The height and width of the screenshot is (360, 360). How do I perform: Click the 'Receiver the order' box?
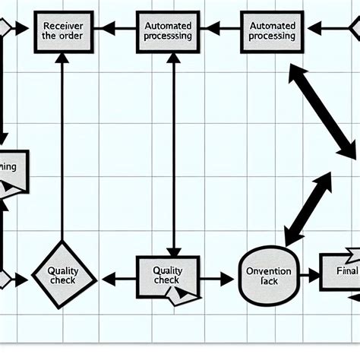[58, 30]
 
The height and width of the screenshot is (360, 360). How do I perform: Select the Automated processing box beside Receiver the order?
[168, 30]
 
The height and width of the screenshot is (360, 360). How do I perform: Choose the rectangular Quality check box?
[167, 275]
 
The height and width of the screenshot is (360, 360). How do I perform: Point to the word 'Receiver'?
[58, 24]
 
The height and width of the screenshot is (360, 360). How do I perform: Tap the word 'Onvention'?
[264, 270]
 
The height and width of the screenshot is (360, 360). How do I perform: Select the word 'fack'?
[264, 282]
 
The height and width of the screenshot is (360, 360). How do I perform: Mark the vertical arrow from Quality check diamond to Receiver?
[62, 144]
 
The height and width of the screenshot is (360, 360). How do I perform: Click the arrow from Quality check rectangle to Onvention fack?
[216, 279]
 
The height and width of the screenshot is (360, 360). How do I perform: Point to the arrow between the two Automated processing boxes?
[219, 29]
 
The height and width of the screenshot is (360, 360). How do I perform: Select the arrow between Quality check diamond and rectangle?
[116, 279]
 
